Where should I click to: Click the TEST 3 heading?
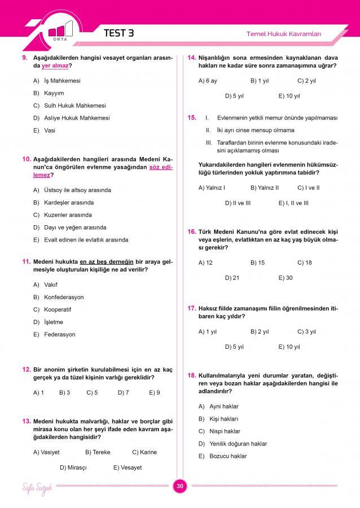(x=119, y=33)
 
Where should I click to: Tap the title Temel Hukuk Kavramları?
(x=284, y=34)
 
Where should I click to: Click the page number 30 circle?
(x=180, y=487)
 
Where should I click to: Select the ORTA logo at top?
(x=61, y=30)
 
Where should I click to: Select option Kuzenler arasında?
(x=68, y=215)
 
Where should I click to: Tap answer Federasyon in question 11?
(x=59, y=335)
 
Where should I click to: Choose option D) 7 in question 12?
(x=124, y=392)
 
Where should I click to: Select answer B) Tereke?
(x=98, y=452)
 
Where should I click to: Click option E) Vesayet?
(x=128, y=467)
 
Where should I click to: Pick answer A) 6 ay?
(x=208, y=81)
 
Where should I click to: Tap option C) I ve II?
(x=308, y=187)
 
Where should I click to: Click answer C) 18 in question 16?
(x=304, y=262)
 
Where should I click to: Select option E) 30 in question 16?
(x=286, y=278)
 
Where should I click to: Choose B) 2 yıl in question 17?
(x=260, y=331)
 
